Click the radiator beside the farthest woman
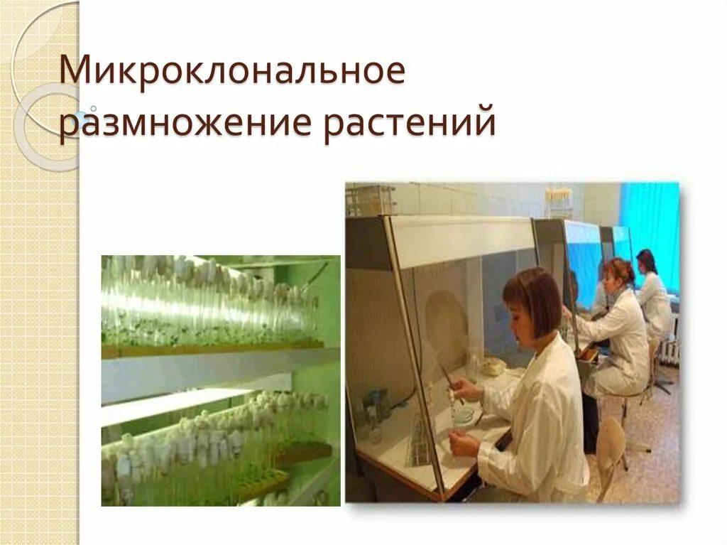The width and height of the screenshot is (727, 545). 669,348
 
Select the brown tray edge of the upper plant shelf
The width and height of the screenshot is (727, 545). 213,349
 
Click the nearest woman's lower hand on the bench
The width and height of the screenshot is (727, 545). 466,444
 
